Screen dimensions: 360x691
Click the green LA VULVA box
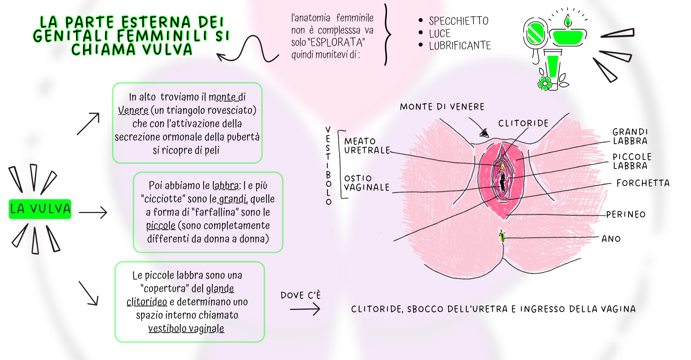point(40,209)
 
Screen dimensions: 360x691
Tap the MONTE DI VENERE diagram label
point(442,107)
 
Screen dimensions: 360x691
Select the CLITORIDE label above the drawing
point(523,123)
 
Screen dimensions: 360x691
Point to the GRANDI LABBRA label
point(630,136)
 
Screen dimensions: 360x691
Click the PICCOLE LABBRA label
point(632,161)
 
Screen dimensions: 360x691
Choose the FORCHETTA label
point(643,183)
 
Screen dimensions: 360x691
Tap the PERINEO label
point(625,215)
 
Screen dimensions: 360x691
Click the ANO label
point(611,239)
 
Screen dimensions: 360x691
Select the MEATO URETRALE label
point(367,146)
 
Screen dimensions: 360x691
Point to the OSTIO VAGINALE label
point(367,183)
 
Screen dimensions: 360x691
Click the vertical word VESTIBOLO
point(328,166)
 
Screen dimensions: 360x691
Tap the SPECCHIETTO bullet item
point(459,21)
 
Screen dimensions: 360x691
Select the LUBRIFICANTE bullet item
point(460,46)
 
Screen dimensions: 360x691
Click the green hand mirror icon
point(535,34)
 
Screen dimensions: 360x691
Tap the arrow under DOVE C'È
point(305,309)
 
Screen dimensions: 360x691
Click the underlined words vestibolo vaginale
point(186,329)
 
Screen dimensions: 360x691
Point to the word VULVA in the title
point(167,50)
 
